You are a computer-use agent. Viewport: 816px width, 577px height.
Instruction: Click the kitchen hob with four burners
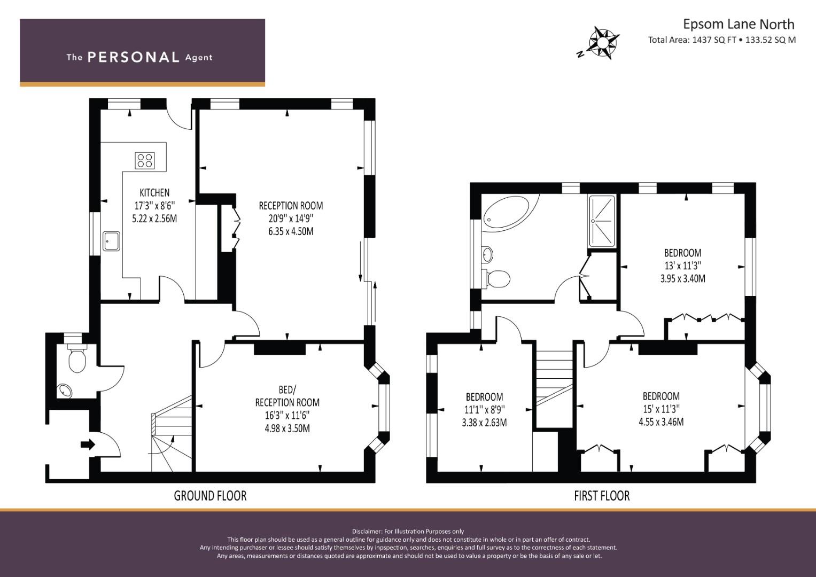tap(144, 160)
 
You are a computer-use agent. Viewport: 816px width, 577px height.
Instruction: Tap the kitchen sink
tap(112, 240)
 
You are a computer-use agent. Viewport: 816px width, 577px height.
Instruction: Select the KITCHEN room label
tap(154, 192)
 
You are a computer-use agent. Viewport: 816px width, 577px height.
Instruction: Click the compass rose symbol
tap(603, 42)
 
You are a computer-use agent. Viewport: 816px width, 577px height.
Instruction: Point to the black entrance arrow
tap(87, 444)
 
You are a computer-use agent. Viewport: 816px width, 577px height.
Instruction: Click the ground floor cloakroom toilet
tap(77, 360)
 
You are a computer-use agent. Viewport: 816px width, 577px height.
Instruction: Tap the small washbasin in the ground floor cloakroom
tap(65, 391)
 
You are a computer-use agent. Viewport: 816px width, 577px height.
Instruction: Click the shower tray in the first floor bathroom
tap(602, 221)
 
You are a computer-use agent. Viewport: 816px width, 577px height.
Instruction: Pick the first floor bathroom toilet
tap(497, 278)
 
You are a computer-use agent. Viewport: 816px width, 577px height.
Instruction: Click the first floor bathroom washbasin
tap(487, 254)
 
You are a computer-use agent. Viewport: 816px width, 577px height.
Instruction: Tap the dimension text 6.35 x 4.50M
tap(291, 231)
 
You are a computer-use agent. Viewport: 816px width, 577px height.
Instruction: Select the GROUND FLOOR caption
tap(210, 496)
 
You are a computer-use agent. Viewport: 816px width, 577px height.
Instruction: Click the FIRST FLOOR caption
tap(602, 496)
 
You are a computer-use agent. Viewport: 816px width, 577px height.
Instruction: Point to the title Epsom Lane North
tap(739, 24)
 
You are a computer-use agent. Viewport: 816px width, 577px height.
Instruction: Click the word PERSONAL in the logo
tap(133, 57)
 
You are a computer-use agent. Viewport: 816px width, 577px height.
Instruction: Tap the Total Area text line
tap(721, 40)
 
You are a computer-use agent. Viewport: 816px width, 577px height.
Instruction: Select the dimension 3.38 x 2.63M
tap(484, 423)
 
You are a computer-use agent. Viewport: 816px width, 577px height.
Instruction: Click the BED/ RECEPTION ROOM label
tap(287, 396)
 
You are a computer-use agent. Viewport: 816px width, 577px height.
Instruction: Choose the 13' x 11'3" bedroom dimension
tap(682, 266)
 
